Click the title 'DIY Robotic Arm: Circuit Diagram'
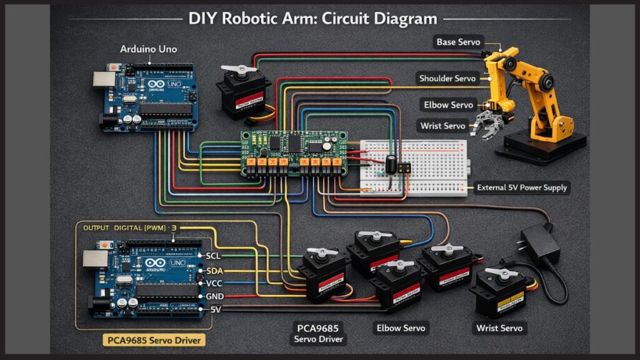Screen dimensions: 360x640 pos(312,18)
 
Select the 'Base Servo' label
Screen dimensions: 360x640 pos(459,42)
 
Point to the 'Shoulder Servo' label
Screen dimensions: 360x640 pos(448,78)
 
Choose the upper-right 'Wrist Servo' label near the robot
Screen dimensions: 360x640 pos(444,126)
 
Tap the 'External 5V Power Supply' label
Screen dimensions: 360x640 pos(522,187)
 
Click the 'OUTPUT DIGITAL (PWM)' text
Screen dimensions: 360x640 pos(124,229)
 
